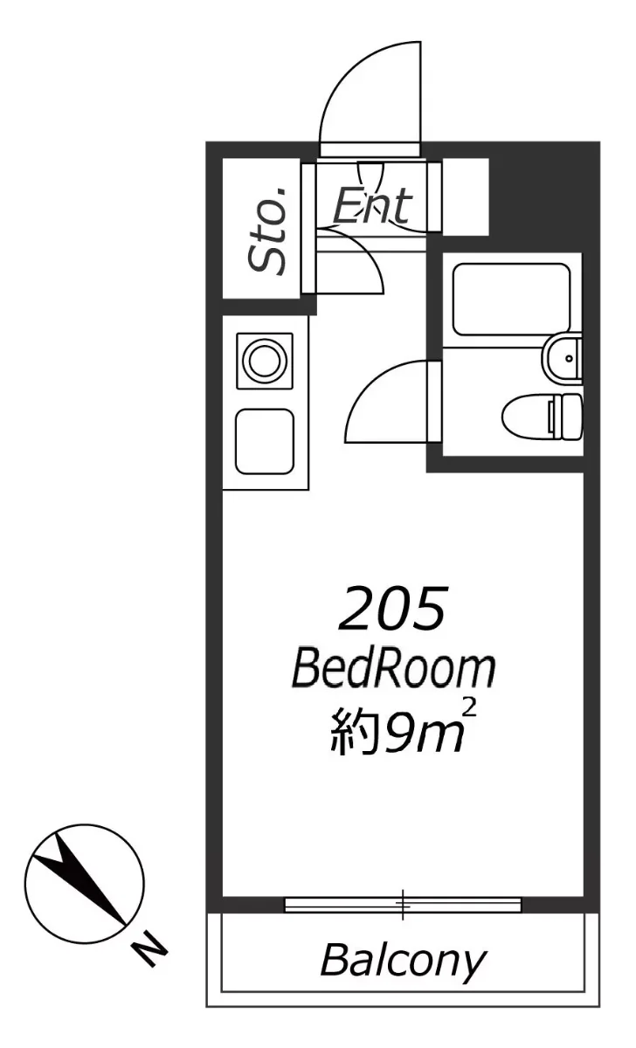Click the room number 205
tap(391, 608)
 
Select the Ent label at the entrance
tap(373, 205)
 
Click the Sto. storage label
tap(267, 231)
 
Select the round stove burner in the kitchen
tap(266, 361)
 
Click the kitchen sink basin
tap(265, 442)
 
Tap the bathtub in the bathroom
tap(512, 299)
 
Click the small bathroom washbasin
tap(563, 358)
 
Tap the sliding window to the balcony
tap(403, 906)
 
